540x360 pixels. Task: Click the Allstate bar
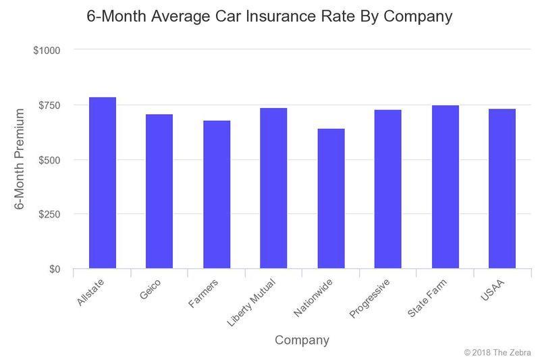point(103,183)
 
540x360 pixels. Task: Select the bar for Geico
point(159,191)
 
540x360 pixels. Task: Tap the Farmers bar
point(217,195)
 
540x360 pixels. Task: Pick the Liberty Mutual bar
point(273,188)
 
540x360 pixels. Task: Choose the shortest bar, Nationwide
point(331,199)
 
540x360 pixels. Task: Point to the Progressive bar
point(388,189)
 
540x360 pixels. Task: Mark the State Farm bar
point(445,187)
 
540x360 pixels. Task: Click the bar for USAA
point(502,188)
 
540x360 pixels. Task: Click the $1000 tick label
point(47,51)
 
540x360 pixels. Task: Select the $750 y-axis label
point(49,105)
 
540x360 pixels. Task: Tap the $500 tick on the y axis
point(49,160)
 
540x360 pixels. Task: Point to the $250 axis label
point(49,215)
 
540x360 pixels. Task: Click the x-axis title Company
point(302,340)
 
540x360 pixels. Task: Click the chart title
point(269,16)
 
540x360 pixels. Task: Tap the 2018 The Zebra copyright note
point(497,353)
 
